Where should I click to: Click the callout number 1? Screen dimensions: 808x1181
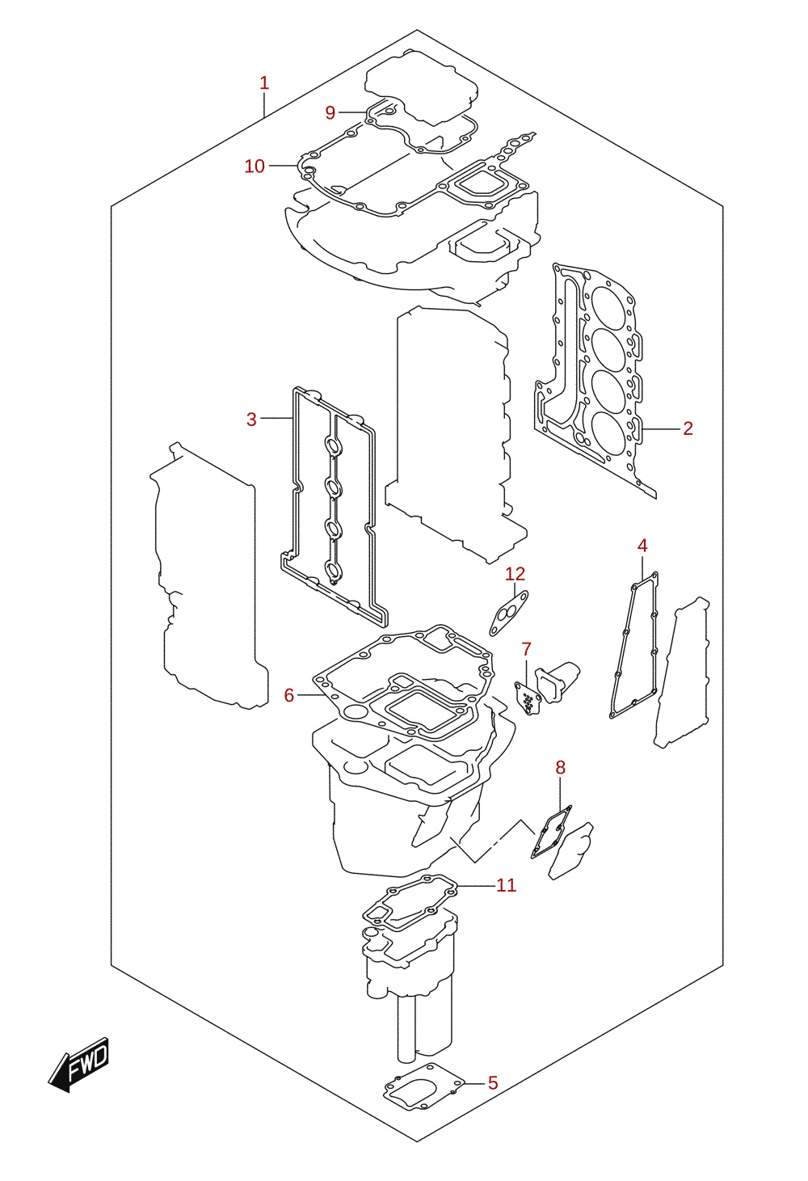point(264,82)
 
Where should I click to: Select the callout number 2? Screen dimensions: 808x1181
point(688,428)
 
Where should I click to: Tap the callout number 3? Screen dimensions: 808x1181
point(251,420)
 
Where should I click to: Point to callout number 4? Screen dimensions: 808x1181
point(642,546)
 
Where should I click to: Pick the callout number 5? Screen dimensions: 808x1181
point(493,1083)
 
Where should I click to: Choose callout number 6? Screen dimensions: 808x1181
point(288,695)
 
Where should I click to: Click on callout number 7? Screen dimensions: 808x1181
point(527,650)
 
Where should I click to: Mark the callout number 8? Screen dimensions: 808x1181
point(560,768)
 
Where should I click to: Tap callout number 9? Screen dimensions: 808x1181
point(330,112)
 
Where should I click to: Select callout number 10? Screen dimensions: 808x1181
point(255,167)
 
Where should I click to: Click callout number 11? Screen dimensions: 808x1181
point(506,885)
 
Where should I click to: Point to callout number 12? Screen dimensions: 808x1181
point(515,574)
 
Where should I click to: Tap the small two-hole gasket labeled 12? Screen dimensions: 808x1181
point(508,614)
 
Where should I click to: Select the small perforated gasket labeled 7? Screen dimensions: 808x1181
point(528,698)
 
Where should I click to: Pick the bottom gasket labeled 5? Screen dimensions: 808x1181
point(424,1087)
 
